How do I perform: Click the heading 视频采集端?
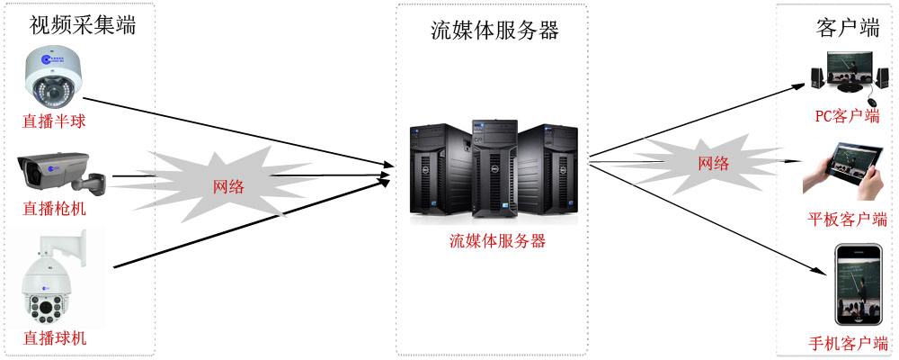pyautogui.click(x=83, y=24)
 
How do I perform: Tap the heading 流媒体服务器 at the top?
pyautogui.click(x=494, y=31)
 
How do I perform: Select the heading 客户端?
pyautogui.click(x=848, y=27)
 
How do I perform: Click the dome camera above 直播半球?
pyautogui.click(x=54, y=78)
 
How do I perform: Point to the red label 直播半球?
pyautogui.click(x=55, y=121)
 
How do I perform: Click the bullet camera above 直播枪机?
pyautogui.click(x=62, y=174)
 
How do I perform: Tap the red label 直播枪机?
pyautogui.click(x=55, y=208)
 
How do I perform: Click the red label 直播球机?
pyautogui.click(x=55, y=337)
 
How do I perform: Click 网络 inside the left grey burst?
pyautogui.click(x=228, y=186)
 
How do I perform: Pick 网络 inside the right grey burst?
pyautogui.click(x=713, y=163)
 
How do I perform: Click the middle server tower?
pyautogui.click(x=494, y=167)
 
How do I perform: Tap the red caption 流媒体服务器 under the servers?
pyautogui.click(x=497, y=240)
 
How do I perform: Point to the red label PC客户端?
pyautogui.click(x=848, y=116)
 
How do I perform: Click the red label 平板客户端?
pyautogui.click(x=848, y=219)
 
